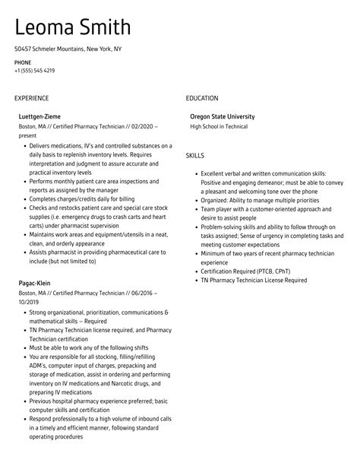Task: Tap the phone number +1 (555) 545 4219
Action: [34, 71]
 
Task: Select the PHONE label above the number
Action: [22, 62]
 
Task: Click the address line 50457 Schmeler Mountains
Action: [68, 49]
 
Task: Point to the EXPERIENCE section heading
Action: [31, 98]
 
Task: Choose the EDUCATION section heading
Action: [201, 98]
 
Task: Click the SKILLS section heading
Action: [195, 156]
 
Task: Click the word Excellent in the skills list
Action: [215, 174]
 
